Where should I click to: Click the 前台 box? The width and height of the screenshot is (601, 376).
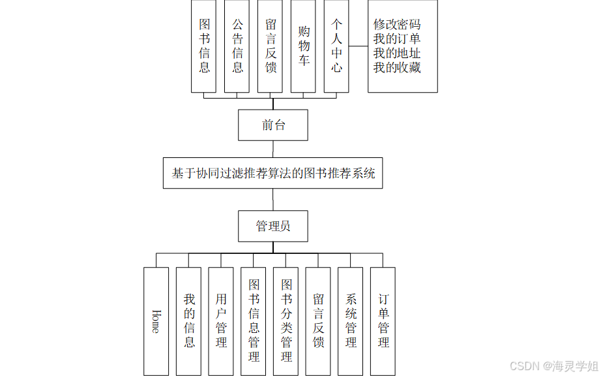(273, 125)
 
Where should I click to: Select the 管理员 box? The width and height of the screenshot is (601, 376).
(273, 227)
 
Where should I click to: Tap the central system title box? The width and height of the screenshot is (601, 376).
(273, 173)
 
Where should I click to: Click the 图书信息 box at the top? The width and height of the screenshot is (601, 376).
(204, 46)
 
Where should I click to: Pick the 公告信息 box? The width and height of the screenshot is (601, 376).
(237, 46)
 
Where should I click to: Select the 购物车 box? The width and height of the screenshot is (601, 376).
(304, 46)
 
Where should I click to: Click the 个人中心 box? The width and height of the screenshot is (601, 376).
(336, 46)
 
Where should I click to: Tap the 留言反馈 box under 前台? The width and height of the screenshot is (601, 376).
(271, 46)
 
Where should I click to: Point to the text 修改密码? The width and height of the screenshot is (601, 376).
(396, 25)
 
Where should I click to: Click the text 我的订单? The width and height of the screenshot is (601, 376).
(396, 39)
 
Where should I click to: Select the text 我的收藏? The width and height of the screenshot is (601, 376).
(396, 67)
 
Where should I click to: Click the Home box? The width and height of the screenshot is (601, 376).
(156, 321)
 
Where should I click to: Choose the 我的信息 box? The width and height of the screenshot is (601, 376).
(189, 321)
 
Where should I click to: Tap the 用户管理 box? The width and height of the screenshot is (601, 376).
(221, 321)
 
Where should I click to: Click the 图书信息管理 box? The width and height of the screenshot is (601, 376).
(254, 321)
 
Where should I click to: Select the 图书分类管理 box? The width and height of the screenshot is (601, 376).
(286, 321)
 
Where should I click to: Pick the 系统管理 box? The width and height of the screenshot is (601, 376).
(351, 321)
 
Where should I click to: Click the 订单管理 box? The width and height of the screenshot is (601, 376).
(383, 321)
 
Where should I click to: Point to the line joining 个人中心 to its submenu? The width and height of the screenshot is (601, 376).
(358, 46)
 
